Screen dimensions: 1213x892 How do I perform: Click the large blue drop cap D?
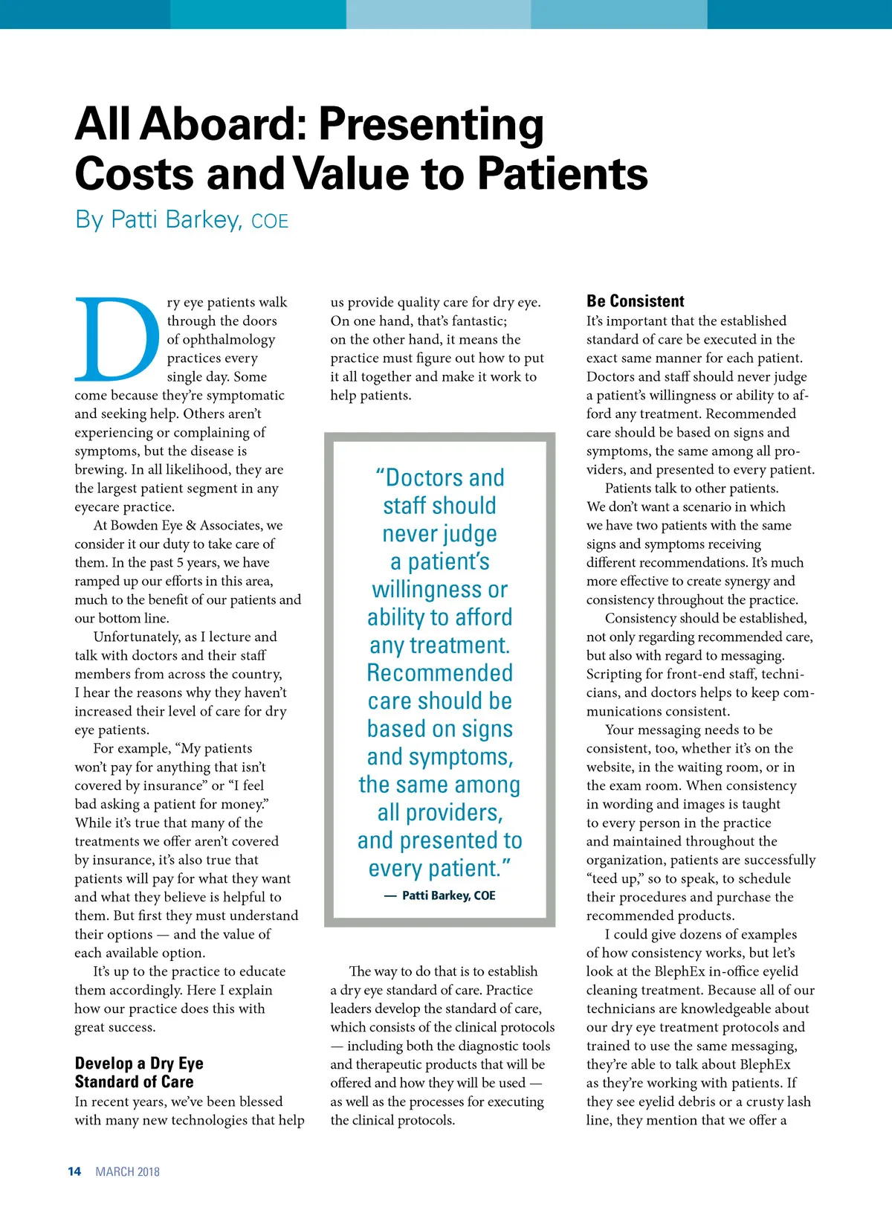[117, 339]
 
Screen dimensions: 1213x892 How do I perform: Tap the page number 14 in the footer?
[74, 1171]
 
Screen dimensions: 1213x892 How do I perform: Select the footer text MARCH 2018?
[127, 1171]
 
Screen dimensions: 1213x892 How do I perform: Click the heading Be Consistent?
[635, 301]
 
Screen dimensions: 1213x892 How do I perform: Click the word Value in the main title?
[354, 174]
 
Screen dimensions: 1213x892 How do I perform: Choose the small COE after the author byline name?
[270, 222]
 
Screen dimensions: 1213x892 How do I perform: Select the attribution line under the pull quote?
[440, 895]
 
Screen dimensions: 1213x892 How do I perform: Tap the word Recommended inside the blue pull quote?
[440, 673]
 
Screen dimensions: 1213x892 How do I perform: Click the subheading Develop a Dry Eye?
[139, 1064]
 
